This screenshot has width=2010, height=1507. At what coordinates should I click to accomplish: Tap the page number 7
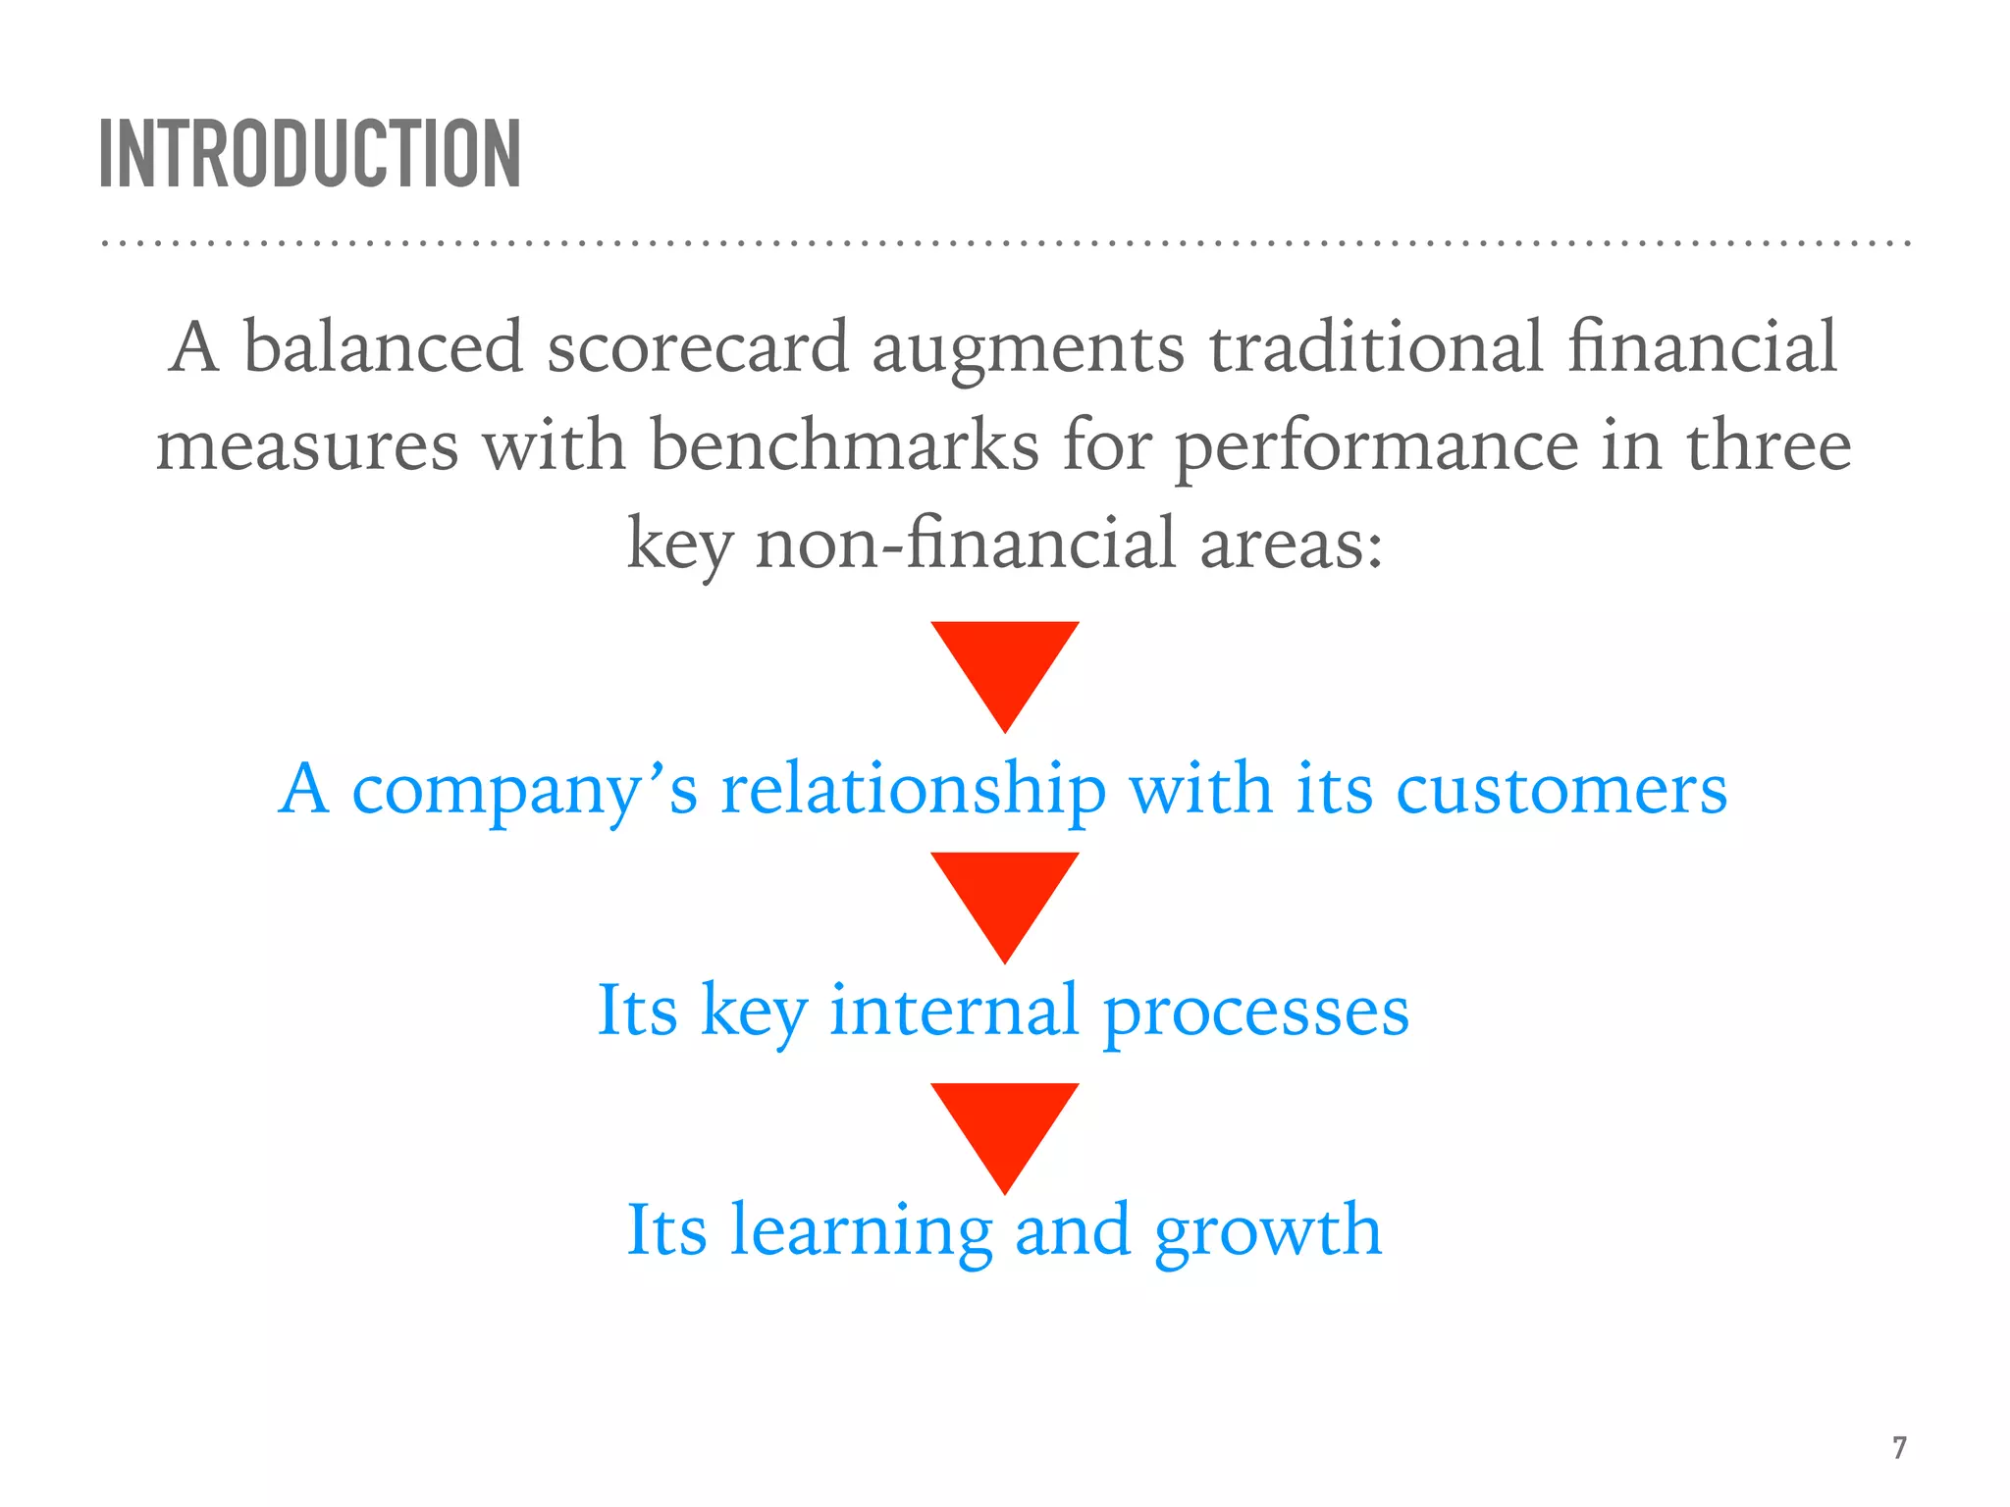click(x=1899, y=1447)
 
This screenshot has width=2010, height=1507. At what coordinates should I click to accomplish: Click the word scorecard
click(x=697, y=348)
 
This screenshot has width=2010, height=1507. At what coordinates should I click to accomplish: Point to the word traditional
click(x=1376, y=348)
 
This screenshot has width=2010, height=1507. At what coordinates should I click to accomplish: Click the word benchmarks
click(x=844, y=446)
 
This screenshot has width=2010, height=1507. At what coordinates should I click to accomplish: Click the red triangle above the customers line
click(x=1005, y=667)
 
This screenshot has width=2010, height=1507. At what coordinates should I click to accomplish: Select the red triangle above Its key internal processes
click(x=1005, y=898)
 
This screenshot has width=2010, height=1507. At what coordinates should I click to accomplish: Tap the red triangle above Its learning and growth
click(x=1005, y=1128)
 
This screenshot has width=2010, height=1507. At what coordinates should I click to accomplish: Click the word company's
click(x=524, y=791)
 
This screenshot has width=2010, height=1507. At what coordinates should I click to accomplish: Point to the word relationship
click(x=913, y=791)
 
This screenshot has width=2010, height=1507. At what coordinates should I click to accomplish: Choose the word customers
click(x=1560, y=791)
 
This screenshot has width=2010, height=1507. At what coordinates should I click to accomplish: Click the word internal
click(x=954, y=1011)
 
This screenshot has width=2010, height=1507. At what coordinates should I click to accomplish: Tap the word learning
click(x=861, y=1232)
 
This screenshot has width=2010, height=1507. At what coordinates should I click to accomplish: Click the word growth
click(x=1268, y=1232)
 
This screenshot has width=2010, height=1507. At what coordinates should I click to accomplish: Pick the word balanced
click(x=383, y=348)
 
